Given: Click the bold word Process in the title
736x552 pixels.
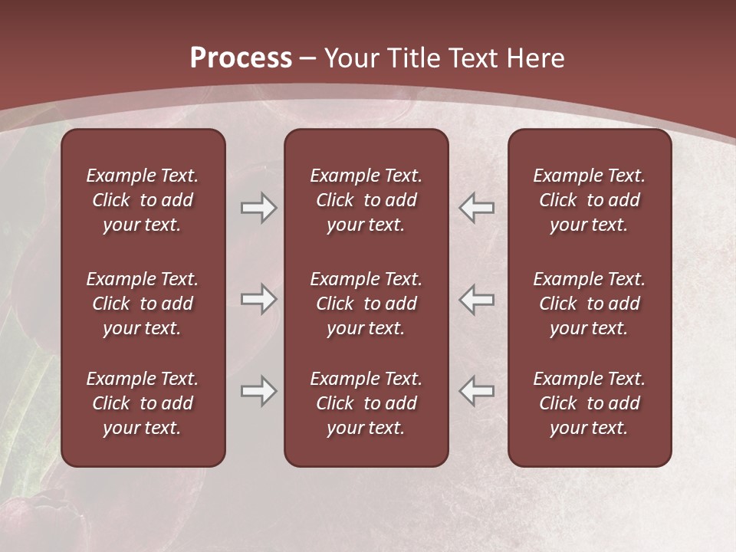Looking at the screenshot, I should tap(241, 58).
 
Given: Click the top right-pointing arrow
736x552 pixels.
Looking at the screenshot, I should tap(259, 208).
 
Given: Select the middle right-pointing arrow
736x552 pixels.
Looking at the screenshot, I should tap(259, 299).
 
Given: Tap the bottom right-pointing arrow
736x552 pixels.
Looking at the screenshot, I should tap(259, 391).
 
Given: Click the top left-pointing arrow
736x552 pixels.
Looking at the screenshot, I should tap(477, 208).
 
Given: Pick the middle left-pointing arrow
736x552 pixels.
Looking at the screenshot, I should tap(477, 299).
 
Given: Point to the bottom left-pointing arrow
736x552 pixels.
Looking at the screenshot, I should tap(477, 391).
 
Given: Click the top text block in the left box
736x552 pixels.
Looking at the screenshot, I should tap(143, 200).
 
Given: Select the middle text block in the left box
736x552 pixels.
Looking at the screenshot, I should tap(143, 304).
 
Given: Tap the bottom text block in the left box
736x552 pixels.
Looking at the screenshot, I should tap(143, 403).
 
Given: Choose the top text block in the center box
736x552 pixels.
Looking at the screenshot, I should tap(366, 200).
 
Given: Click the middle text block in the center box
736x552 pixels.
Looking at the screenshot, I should tap(366, 304).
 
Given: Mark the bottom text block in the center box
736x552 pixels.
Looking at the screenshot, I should tap(366, 403).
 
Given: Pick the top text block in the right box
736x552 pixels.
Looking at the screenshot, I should tap(590, 200).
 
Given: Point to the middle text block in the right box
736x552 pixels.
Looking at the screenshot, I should tap(590, 304).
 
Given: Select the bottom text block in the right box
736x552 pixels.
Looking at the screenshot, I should tap(590, 403).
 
